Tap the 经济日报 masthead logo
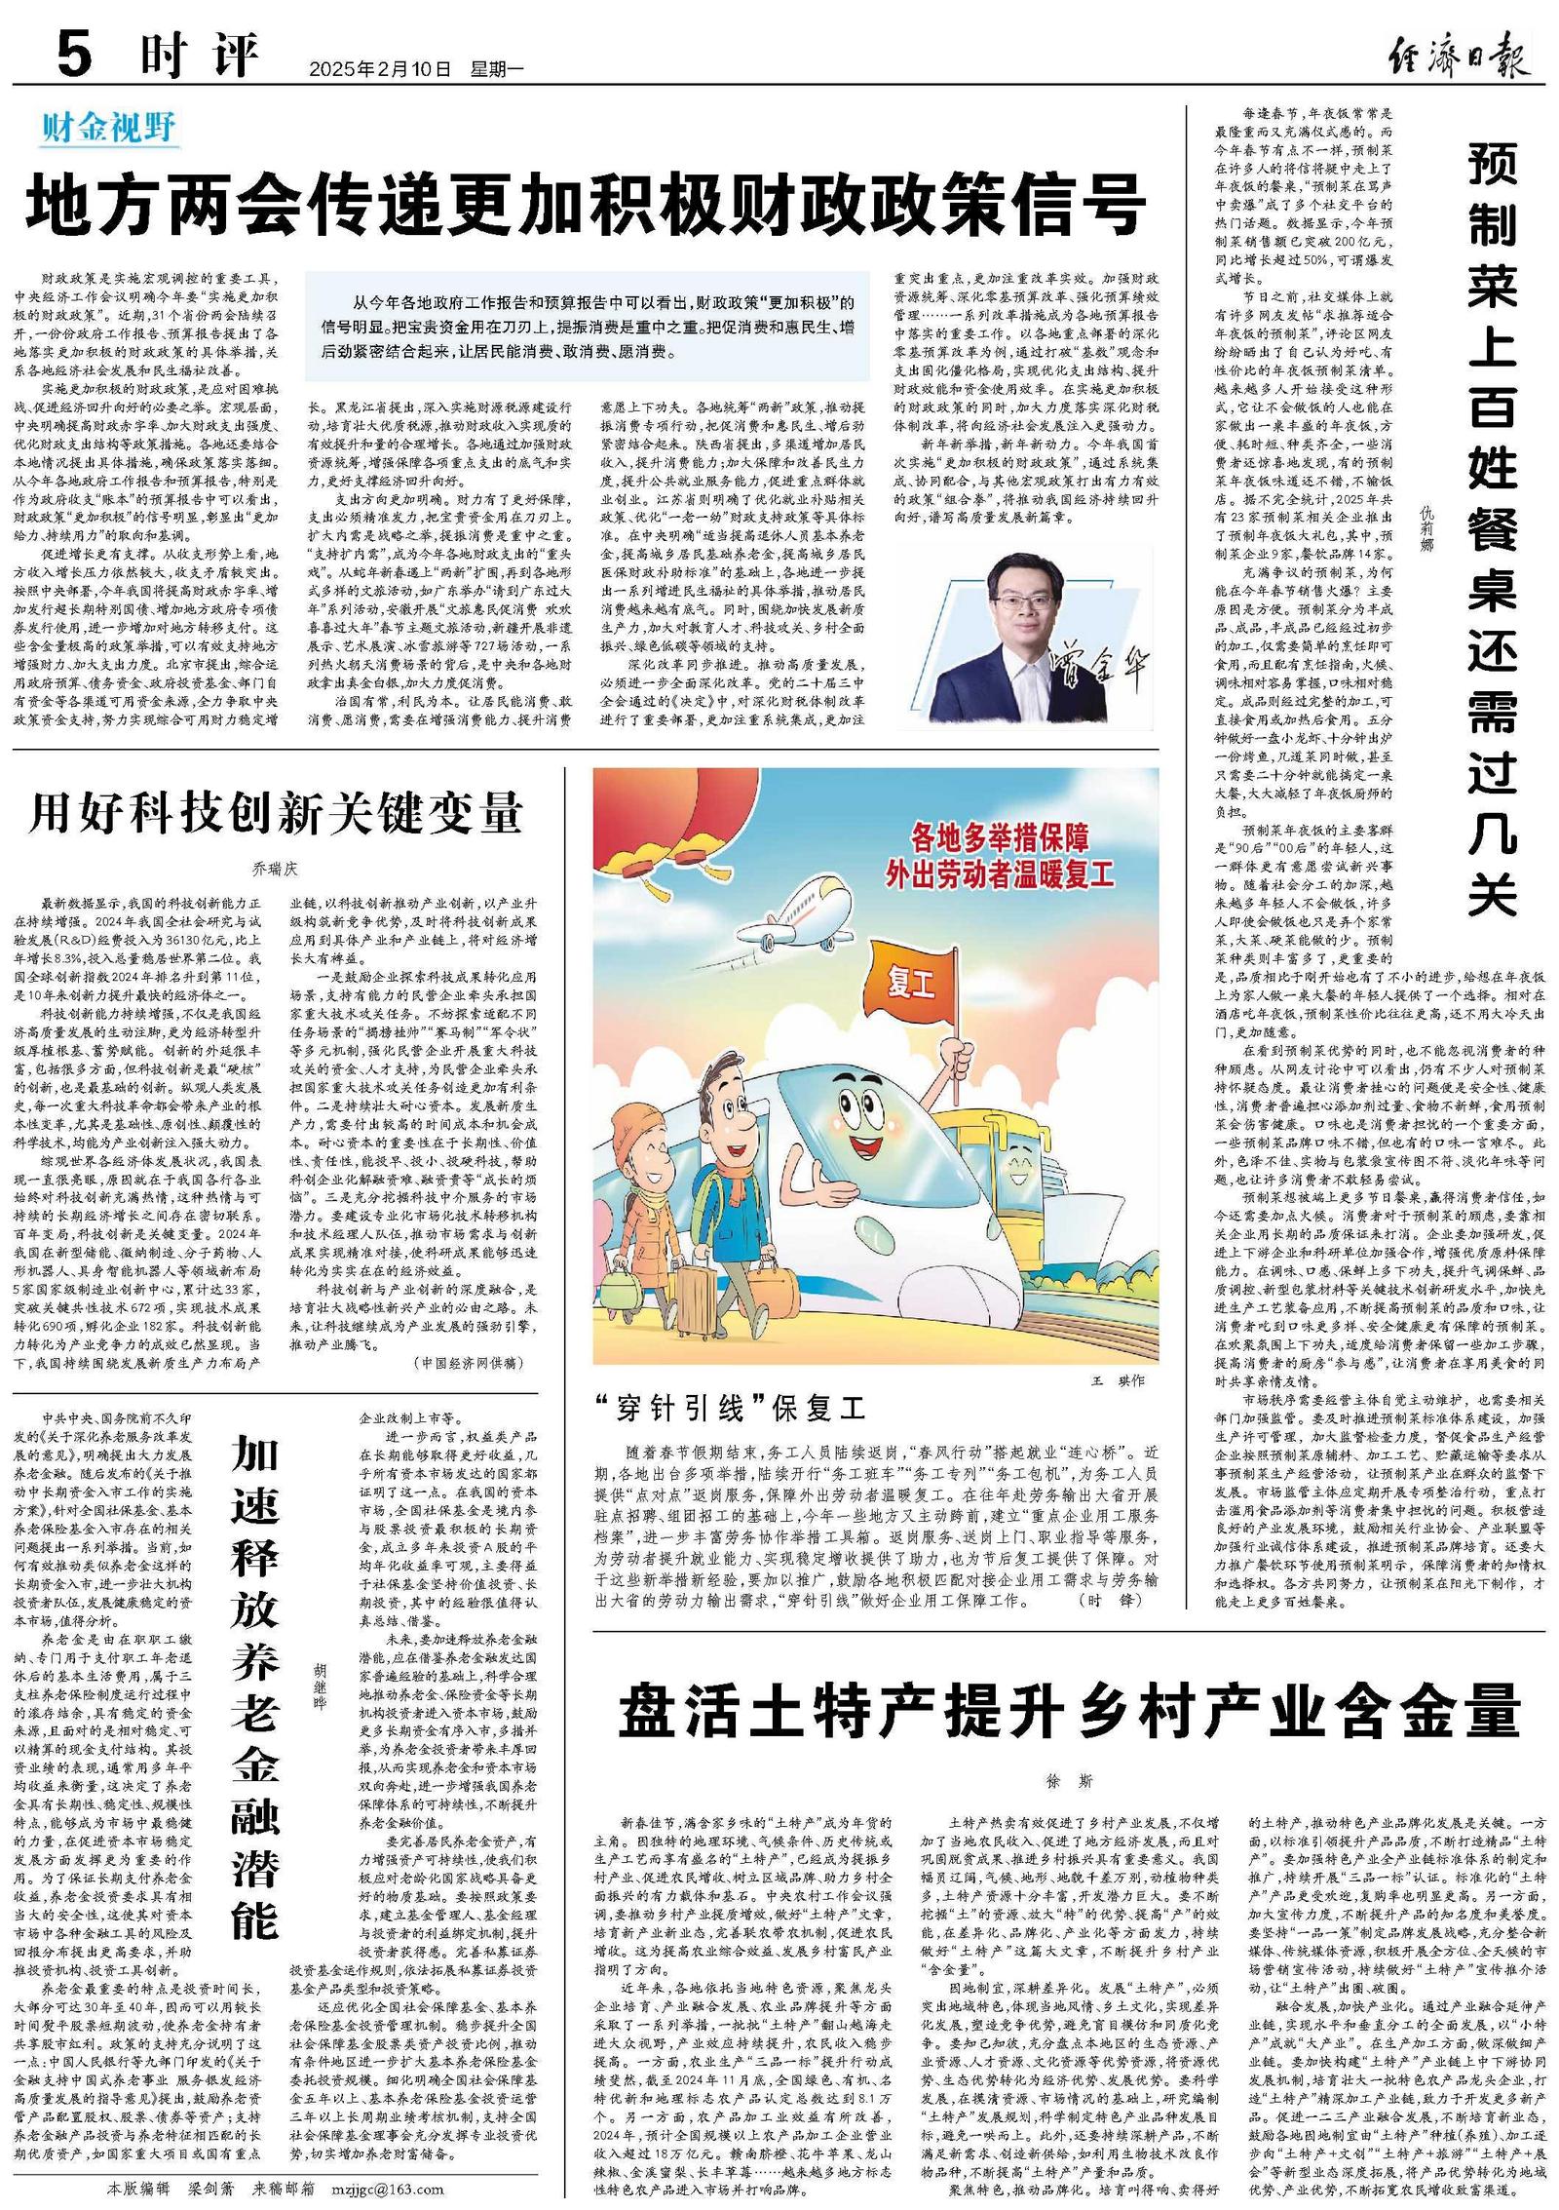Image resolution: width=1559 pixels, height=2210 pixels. click(x=1458, y=52)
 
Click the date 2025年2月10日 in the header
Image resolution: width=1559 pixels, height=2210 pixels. click(x=382, y=69)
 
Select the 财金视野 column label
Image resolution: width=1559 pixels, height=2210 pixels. click(x=108, y=127)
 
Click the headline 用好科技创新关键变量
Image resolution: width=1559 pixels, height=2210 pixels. click(x=276, y=813)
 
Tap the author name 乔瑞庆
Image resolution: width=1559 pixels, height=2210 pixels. click(x=274, y=866)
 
